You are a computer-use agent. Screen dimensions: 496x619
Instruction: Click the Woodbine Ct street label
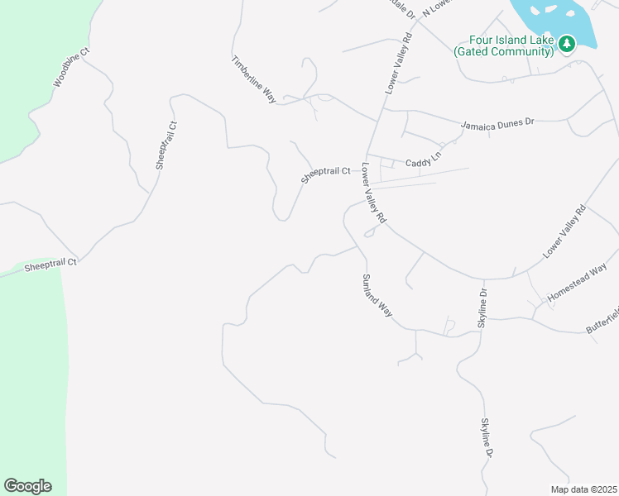click(x=71, y=68)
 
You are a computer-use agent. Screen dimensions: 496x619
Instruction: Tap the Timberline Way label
click(x=253, y=79)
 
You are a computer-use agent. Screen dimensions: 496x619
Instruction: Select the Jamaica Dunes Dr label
click(x=497, y=122)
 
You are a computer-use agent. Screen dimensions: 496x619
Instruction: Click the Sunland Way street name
click(x=376, y=296)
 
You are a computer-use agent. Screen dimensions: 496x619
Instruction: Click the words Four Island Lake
click(x=511, y=40)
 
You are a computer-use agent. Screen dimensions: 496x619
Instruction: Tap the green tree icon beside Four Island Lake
click(x=567, y=43)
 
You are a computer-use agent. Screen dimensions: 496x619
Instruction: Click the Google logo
click(x=27, y=486)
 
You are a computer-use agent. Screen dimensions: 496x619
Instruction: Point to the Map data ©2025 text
click(x=583, y=489)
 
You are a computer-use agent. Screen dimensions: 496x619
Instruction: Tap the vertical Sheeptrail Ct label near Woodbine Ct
click(x=166, y=145)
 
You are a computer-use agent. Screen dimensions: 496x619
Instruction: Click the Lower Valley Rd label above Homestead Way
click(x=564, y=232)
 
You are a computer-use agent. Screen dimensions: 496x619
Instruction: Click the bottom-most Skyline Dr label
click(x=487, y=437)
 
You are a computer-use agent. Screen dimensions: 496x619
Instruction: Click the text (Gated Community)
click(x=503, y=51)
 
